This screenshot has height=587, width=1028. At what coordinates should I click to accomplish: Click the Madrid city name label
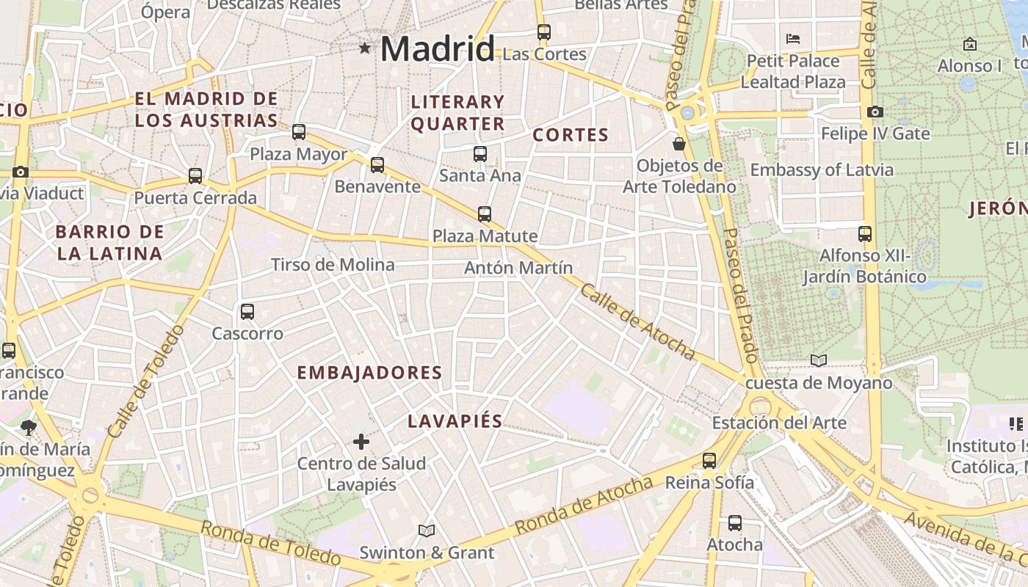click(x=438, y=49)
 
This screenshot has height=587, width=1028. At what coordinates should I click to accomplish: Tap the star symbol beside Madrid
click(x=365, y=48)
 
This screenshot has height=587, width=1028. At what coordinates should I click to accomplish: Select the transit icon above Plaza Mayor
click(x=299, y=132)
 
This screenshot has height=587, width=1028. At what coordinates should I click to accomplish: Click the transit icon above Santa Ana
click(x=480, y=153)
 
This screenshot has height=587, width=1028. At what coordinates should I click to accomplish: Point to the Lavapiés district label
click(x=455, y=421)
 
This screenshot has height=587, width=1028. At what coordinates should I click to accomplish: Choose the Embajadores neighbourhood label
click(x=369, y=373)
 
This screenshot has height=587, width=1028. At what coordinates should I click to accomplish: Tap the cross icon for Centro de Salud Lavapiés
click(x=361, y=441)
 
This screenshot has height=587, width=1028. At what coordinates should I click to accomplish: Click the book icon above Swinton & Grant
click(x=427, y=530)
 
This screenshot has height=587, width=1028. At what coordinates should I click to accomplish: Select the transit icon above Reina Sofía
click(x=709, y=461)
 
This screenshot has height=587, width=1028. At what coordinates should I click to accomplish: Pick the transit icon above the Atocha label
click(x=735, y=523)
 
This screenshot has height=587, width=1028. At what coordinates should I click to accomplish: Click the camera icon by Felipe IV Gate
click(x=875, y=112)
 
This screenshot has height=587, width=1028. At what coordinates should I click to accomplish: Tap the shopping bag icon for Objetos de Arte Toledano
click(x=679, y=143)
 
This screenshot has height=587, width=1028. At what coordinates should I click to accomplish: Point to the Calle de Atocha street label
click(x=637, y=321)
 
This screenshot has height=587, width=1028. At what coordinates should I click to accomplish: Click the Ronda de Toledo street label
click(x=270, y=543)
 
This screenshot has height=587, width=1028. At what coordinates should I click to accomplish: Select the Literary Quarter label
click(x=458, y=112)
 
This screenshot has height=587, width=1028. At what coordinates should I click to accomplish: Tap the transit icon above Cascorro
click(x=247, y=311)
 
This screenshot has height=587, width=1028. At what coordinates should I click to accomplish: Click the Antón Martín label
click(x=518, y=268)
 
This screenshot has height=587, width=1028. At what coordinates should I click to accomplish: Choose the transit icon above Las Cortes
click(x=544, y=32)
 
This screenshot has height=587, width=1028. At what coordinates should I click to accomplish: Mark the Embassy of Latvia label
click(x=822, y=170)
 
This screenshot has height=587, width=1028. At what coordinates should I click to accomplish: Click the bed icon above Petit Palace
click(x=793, y=38)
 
